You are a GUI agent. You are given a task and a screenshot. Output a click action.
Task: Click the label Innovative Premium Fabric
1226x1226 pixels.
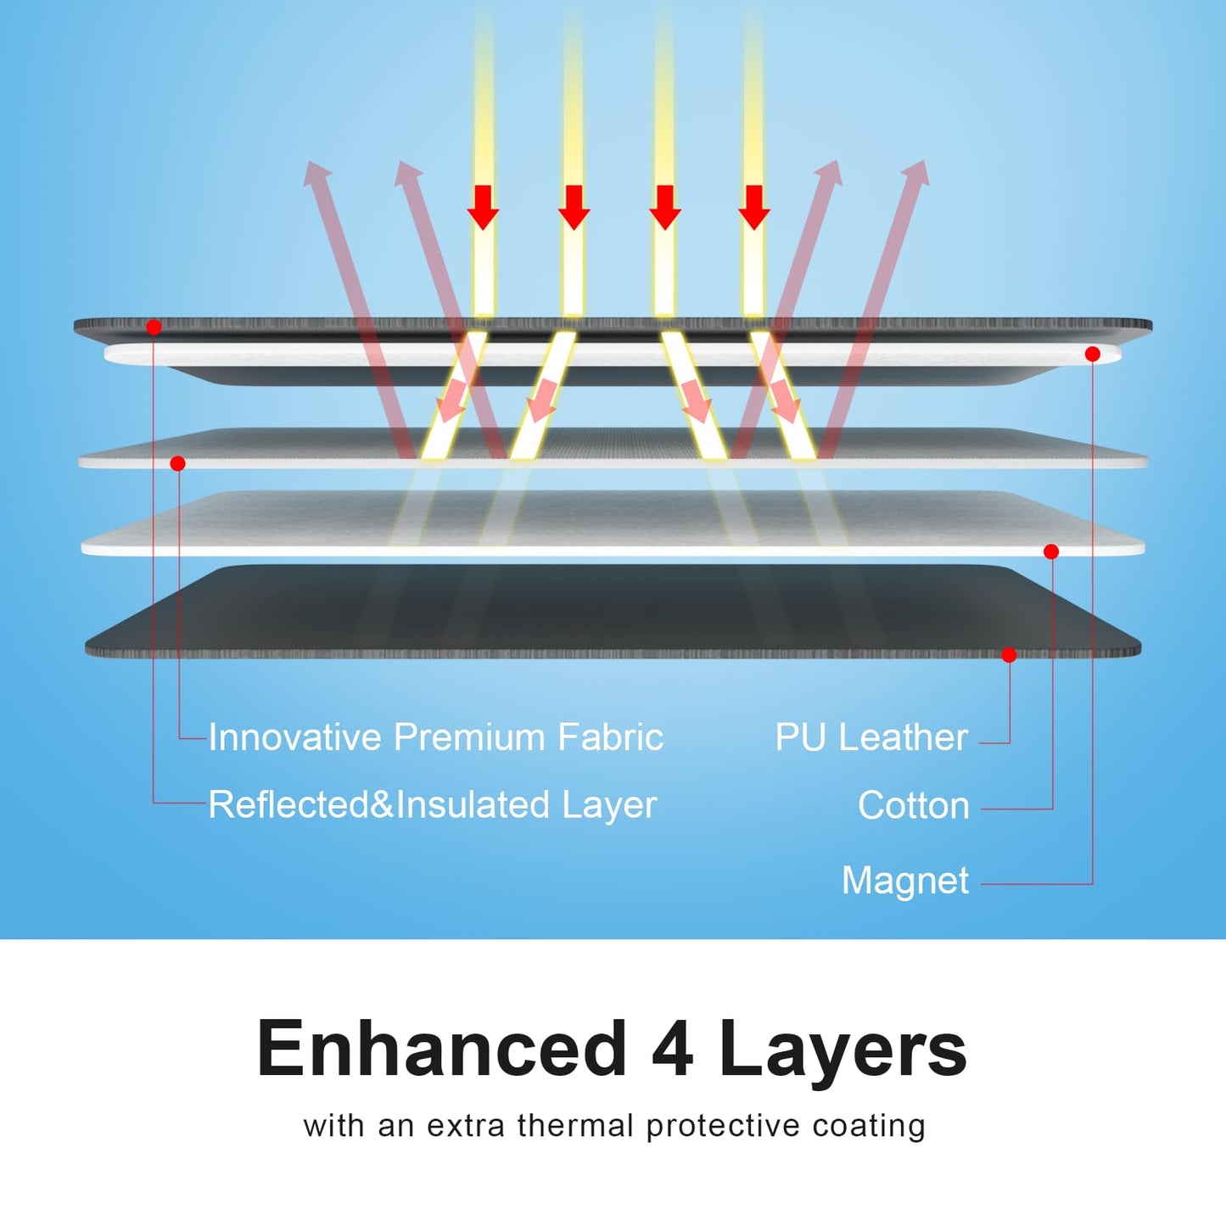[x=436, y=737]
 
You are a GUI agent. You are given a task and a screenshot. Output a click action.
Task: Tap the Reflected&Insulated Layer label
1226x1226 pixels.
[x=432, y=805]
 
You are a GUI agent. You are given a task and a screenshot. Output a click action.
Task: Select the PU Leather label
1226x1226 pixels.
[x=871, y=738]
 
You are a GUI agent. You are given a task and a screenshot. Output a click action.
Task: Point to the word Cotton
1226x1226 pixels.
[x=914, y=805]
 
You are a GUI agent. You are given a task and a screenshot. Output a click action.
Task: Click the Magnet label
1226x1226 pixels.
[x=905, y=882]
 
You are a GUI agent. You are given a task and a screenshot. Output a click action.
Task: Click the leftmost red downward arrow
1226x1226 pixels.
[x=483, y=207]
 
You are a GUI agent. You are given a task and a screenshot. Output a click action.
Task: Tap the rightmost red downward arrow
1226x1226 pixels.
[x=754, y=207]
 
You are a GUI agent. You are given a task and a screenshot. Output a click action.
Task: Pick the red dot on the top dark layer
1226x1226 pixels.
[x=154, y=327]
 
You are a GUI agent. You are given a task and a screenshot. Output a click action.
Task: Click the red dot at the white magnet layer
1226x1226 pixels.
[x=1093, y=355]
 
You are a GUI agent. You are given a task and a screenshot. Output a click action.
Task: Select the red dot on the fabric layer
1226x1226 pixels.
[x=178, y=463]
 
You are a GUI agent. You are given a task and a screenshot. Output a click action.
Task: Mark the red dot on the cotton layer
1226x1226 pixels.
[x=1052, y=551]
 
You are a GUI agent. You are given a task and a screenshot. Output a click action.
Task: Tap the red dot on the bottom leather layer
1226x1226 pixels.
[x=1009, y=655]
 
